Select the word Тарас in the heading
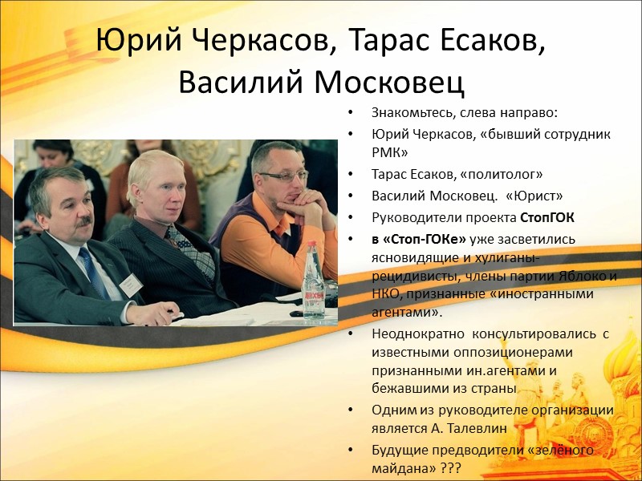[392, 41]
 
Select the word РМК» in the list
[390, 152]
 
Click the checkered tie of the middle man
[189, 245]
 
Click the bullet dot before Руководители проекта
[354, 218]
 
